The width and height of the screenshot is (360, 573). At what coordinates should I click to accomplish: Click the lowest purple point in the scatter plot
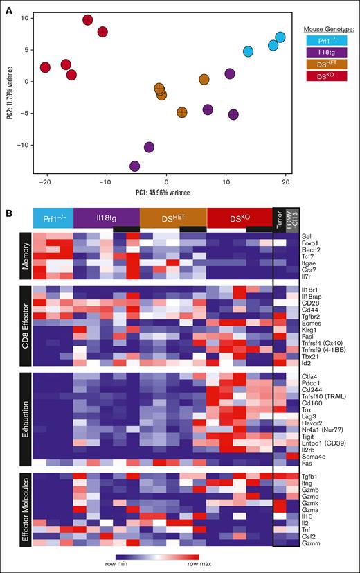click(134, 166)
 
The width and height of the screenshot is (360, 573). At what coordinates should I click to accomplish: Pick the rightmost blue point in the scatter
click(280, 37)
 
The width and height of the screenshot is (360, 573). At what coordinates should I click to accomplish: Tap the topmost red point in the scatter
click(88, 20)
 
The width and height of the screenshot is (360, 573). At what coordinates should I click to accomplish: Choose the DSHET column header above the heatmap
click(173, 218)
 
